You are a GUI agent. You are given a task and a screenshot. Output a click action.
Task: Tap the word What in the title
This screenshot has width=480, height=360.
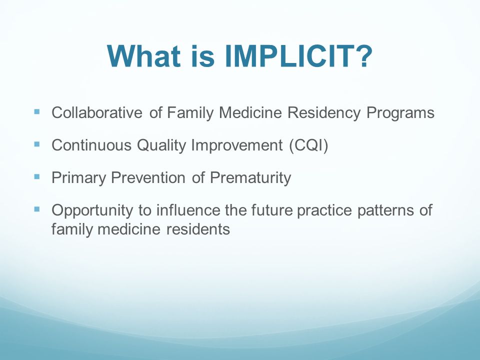click(x=143, y=56)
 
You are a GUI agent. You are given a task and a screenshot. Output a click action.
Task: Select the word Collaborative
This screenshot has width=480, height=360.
click(x=96, y=112)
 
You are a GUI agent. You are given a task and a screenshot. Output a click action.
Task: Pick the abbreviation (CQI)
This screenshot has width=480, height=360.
click(x=308, y=145)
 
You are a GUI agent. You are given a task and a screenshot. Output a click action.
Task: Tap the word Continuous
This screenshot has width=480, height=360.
click(x=91, y=145)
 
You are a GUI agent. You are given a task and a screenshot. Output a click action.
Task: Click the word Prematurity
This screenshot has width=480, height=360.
click(x=250, y=178)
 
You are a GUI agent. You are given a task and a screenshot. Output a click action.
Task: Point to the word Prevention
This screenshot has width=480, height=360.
click(x=148, y=177)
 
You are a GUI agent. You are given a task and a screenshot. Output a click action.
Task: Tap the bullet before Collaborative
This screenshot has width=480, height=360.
click(x=37, y=111)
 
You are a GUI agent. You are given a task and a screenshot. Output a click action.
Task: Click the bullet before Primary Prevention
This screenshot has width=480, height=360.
click(x=37, y=176)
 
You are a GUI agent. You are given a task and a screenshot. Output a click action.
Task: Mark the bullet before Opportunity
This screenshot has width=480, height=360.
click(x=37, y=209)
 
